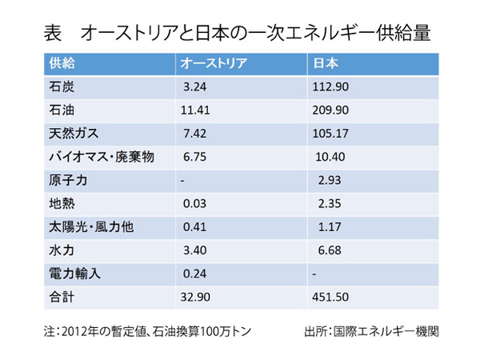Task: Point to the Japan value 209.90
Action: coord(336,109)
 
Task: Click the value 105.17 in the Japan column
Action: coord(336,133)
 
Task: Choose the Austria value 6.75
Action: coord(196,157)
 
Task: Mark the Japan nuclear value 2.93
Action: coord(330,181)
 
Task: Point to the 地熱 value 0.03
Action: coord(196,204)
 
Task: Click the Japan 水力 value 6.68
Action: coord(330,251)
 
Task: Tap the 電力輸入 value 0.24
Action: coord(196,274)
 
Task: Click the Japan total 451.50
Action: coord(336,298)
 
